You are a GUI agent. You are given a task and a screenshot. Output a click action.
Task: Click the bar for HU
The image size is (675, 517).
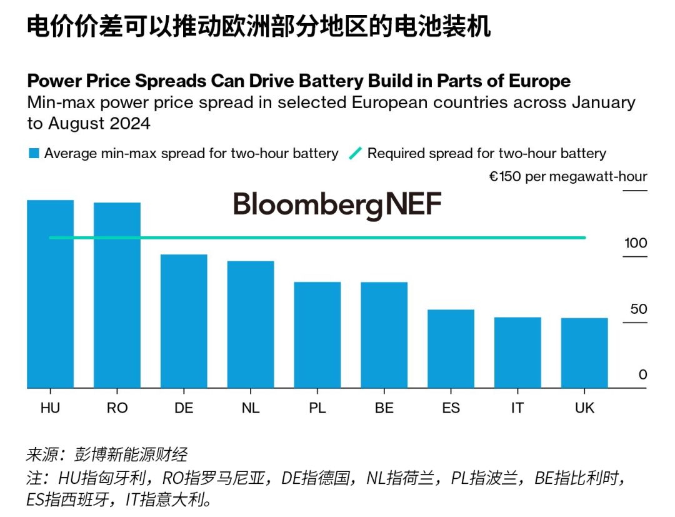pos(50,294)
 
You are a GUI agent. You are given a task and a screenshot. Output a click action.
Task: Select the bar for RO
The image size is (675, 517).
pos(117,295)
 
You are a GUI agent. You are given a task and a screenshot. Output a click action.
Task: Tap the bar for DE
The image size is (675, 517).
pos(184,321)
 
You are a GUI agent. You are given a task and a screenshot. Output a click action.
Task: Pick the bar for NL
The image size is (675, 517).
pos(251,324)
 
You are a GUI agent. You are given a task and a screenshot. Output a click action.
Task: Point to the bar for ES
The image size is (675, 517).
pos(451,349)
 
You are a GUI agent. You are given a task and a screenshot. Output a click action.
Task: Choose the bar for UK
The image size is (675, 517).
pos(584,353)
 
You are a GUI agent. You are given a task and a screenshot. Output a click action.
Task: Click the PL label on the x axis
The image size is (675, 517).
pos(317,408)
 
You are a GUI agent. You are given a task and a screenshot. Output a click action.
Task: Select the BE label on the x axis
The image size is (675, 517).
pos(384,408)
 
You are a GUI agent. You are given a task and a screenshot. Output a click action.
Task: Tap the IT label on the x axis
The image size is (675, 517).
pos(517,408)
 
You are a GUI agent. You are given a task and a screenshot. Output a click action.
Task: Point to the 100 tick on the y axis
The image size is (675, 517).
pos(636,243)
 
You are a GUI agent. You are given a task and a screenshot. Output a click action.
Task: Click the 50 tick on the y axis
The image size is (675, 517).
pos(639,309)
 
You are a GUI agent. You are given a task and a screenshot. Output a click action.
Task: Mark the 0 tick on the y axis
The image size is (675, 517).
pos(642,374)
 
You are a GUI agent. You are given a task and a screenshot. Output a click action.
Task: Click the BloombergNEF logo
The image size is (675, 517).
pos(337,205)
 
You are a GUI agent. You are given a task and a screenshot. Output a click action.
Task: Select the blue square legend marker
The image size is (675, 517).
pos(34,153)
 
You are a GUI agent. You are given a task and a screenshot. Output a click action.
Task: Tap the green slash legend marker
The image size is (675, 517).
pos(355,153)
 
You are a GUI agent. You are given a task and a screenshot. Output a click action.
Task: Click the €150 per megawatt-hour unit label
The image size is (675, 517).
pos(567,177)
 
